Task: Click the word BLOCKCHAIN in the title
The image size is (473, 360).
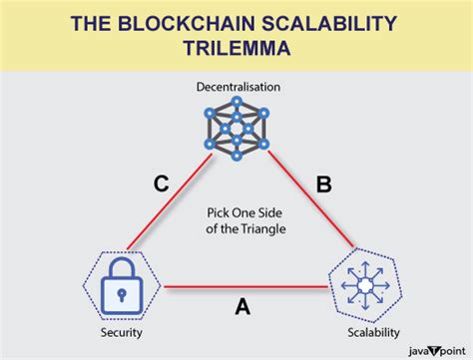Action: pyautogui.click(x=187, y=21)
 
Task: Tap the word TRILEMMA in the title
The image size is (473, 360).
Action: pyautogui.click(x=236, y=48)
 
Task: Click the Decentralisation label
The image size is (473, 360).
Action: pyautogui.click(x=236, y=88)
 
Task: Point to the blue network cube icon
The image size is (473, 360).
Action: pyautogui.click(x=236, y=131)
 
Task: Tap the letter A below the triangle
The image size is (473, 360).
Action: pyautogui.click(x=241, y=309)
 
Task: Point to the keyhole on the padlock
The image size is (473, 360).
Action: pyautogui.click(x=120, y=294)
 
